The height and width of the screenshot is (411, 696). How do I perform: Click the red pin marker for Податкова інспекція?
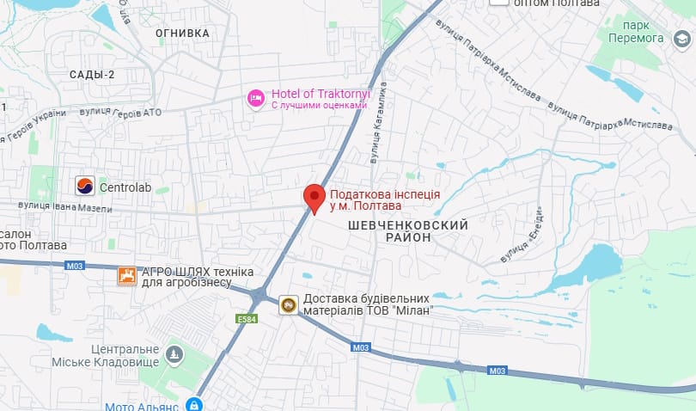314,197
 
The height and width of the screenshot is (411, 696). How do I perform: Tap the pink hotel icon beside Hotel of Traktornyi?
255,99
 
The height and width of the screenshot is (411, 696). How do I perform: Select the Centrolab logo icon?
85,186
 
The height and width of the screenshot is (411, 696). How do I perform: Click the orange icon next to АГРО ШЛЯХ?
127,276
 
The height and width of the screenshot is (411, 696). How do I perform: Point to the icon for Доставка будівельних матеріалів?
289,304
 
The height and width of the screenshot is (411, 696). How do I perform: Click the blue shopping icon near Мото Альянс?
196,404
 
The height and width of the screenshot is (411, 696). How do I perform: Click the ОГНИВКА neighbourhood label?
182,34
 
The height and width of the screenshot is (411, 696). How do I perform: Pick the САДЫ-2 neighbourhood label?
92,75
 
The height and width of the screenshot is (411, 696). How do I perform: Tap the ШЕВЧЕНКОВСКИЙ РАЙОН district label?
408,230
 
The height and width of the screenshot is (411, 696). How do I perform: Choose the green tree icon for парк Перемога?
683,40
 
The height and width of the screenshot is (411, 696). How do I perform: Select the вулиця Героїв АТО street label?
120,113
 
